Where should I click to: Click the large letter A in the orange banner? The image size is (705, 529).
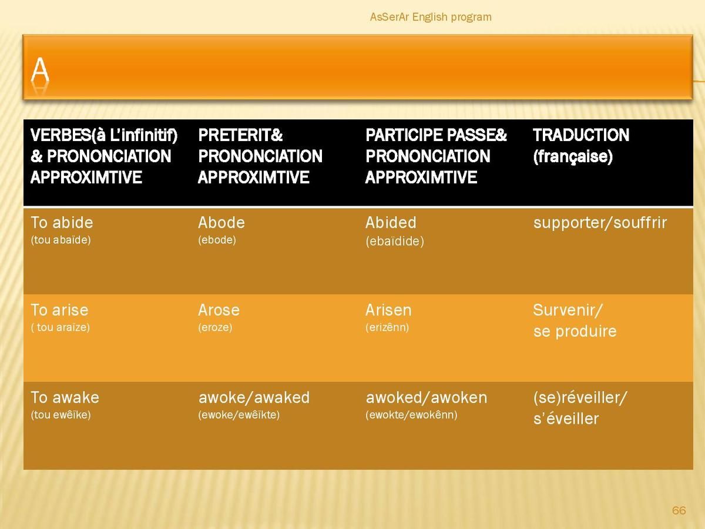pos(40,69)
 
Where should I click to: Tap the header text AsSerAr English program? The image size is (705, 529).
pos(431,17)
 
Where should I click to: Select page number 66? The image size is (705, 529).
pos(679,510)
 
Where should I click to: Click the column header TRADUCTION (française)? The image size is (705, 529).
pos(581,146)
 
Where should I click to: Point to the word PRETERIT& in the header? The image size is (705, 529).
pos(240,135)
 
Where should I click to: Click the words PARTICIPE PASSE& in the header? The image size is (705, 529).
pos(436,135)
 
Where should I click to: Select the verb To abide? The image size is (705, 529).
pos(62,223)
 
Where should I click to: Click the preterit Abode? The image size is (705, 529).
pos(221,223)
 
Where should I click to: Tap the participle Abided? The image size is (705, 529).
pos(391,223)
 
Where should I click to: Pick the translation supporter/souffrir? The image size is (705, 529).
pos(600,223)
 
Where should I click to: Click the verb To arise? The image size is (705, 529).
pos(59,310)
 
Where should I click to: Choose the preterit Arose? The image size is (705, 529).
pos(219,310)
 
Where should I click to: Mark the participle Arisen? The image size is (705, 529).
pos(388,310)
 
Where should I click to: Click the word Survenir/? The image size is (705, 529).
pos(568,310)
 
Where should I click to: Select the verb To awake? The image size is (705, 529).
pos(65,398)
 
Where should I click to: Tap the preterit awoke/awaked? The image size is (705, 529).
pos(254,398)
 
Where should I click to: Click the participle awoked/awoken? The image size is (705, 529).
pos(426,398)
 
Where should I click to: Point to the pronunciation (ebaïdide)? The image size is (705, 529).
pos(395,241)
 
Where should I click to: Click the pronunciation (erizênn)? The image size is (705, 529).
pos(387,327)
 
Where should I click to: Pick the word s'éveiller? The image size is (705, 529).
pos(566,419)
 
